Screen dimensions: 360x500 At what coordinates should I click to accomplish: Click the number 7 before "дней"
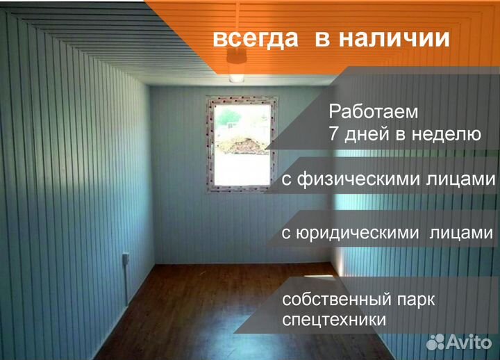click(333, 134)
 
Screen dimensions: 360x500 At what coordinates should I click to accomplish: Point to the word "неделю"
click(445, 134)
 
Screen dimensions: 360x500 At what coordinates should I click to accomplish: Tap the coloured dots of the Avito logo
click(435, 341)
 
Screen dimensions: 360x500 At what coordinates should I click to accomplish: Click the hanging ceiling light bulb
click(236, 73)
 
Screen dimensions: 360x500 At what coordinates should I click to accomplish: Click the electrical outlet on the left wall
click(126, 259)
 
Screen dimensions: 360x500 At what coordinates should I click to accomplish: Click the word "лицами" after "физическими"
click(462, 180)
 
